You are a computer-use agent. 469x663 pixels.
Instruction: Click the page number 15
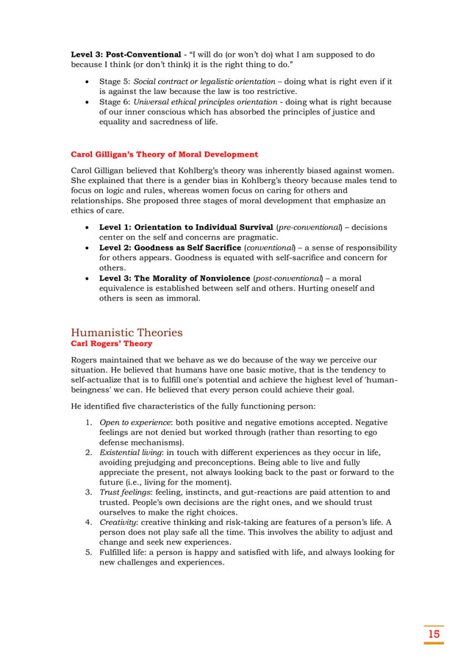click(434, 634)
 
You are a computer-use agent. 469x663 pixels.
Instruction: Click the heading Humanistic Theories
click(126, 332)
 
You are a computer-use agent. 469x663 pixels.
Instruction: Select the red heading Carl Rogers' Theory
click(111, 343)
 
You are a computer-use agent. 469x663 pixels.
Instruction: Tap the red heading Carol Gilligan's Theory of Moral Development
click(164, 154)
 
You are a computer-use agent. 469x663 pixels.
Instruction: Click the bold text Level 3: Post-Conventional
click(125, 54)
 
